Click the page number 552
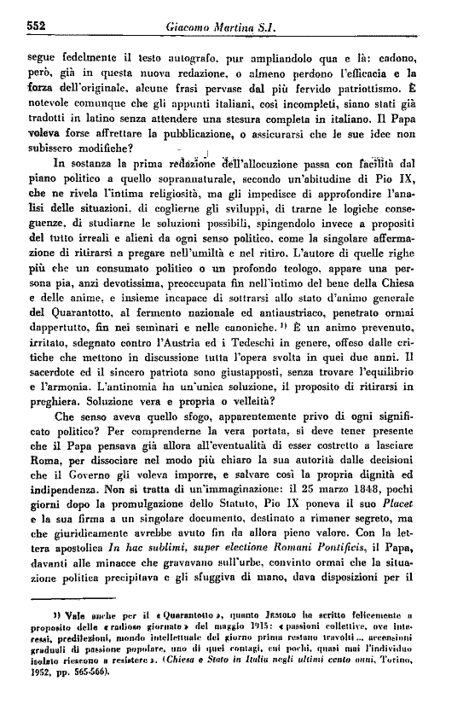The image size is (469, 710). click(x=33, y=26)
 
